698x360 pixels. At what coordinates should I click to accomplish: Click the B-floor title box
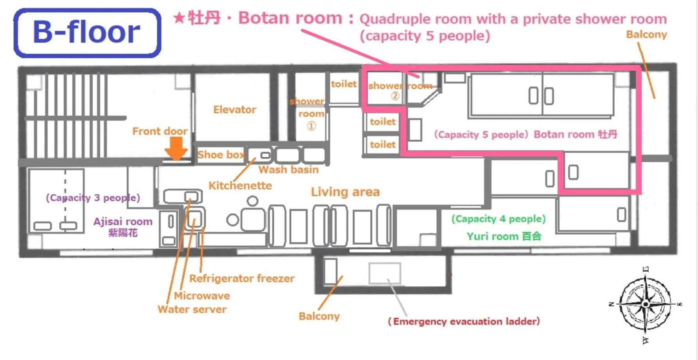87,33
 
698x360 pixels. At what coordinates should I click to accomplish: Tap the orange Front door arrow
176,149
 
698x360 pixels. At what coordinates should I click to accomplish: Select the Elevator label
235,110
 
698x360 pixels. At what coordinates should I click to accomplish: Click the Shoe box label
220,155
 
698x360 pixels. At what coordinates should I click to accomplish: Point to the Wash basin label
289,169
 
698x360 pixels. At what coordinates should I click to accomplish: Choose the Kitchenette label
240,185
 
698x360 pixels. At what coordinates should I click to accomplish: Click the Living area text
345,192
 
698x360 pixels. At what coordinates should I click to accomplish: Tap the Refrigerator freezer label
242,278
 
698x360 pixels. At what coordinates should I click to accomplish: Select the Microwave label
202,295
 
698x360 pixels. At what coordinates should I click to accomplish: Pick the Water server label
192,309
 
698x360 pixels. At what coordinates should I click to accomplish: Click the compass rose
645,304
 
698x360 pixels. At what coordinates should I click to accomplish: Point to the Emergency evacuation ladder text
463,321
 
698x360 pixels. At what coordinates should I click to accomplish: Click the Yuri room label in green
504,236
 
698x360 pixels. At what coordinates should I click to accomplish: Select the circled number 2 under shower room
395,95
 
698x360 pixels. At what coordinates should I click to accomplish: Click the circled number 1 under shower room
311,126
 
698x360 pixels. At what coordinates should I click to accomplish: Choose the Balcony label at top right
646,34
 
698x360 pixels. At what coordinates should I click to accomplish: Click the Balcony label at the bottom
319,316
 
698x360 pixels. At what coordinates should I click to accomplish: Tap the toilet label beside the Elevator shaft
344,84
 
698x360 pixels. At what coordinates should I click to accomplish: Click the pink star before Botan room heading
179,18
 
